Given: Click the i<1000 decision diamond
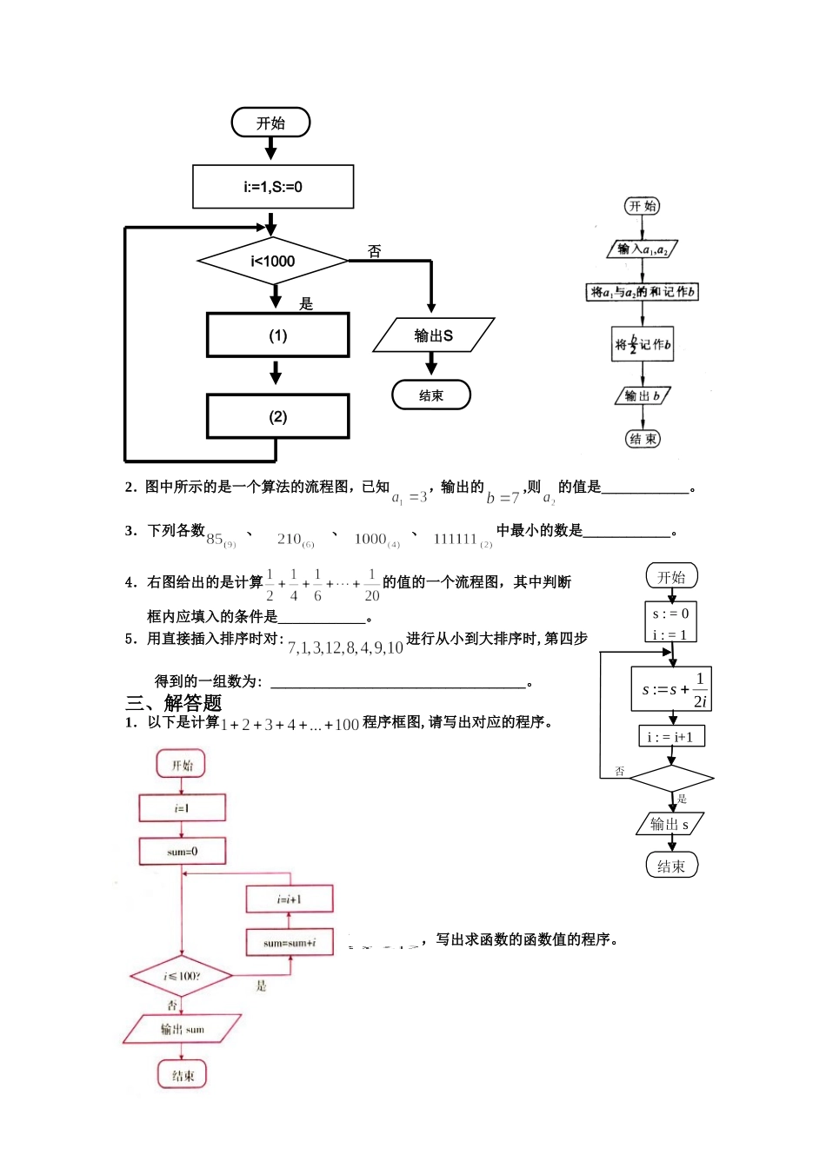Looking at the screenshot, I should click(x=273, y=261).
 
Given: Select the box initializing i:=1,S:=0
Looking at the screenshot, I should click(x=273, y=187).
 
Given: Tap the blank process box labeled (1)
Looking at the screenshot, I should click(x=278, y=335).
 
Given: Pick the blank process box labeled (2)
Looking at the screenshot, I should click(x=278, y=416).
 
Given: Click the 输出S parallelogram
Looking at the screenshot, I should click(x=433, y=335).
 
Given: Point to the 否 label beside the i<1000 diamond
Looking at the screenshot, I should click(x=375, y=251).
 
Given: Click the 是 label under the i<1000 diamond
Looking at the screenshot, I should click(x=306, y=303).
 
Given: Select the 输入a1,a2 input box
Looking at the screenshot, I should click(x=643, y=249).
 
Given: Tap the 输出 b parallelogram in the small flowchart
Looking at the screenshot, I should click(x=643, y=396).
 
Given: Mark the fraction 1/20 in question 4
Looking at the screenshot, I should click(x=372, y=585).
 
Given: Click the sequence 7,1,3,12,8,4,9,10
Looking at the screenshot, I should click(x=345, y=647).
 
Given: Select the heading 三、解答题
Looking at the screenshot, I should click(x=174, y=703).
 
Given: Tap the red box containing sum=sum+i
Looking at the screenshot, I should click(x=290, y=943).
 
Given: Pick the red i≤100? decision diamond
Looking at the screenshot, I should click(x=182, y=976).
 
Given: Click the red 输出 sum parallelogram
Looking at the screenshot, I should click(x=182, y=1029).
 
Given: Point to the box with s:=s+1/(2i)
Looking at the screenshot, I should click(x=672, y=689).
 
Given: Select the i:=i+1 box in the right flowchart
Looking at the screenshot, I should click(x=671, y=737).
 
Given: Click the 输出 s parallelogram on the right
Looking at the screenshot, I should click(x=669, y=824).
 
